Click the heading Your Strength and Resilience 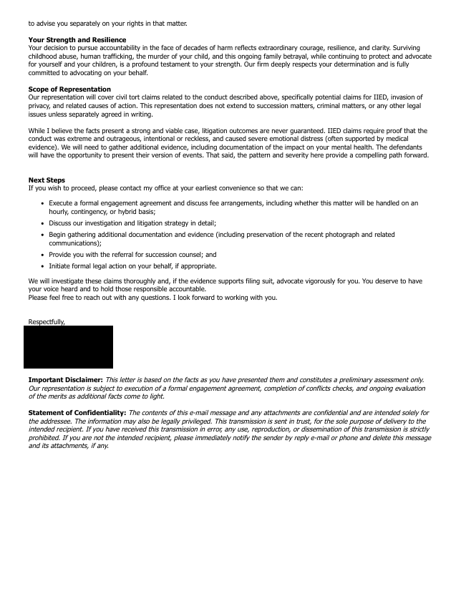coord(77,39)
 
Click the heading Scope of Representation coord(69,89)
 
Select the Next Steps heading coord(47,180)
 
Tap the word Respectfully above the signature coord(47,321)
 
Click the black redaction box coord(69,347)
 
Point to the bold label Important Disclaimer coord(65,379)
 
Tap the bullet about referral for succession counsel coord(132,254)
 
